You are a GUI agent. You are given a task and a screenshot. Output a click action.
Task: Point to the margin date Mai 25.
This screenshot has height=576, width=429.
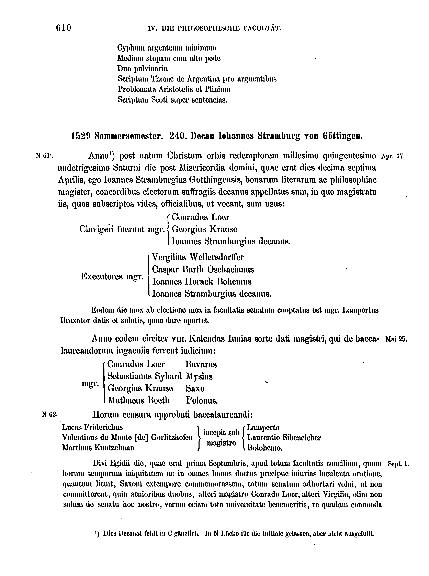pos(396,339)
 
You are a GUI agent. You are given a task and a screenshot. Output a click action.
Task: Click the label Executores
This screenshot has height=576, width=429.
pos(101,276)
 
